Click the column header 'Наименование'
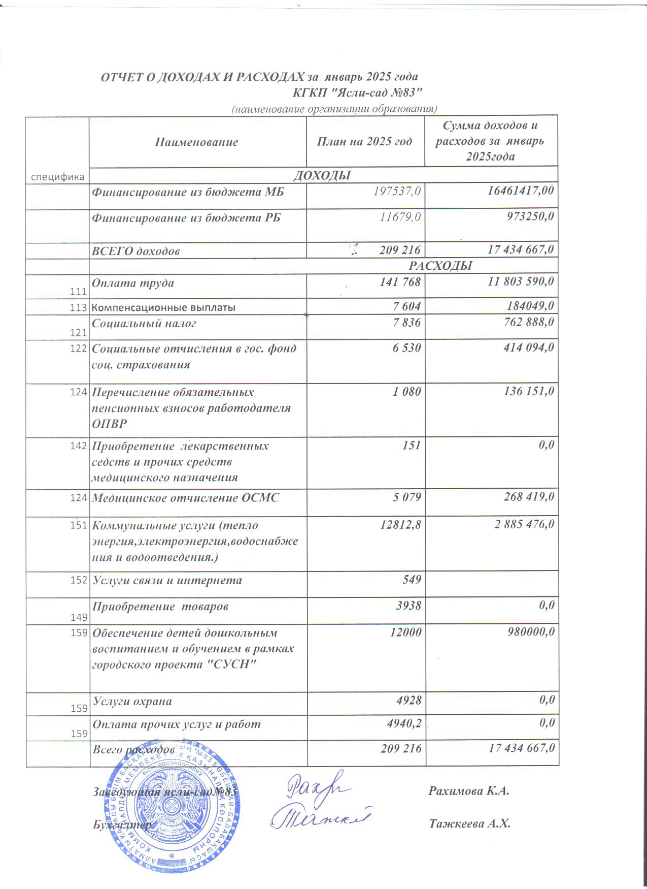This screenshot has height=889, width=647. tap(197, 142)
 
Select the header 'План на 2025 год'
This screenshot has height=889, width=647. tap(364, 142)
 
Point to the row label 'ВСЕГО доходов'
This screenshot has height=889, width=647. tap(135, 251)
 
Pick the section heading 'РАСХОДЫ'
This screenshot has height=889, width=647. tap(440, 266)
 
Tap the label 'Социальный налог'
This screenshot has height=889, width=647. tap(144, 323)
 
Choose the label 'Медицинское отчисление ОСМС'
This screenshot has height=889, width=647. tap(185, 498)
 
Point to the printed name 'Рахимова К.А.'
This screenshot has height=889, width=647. tap(468, 791)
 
